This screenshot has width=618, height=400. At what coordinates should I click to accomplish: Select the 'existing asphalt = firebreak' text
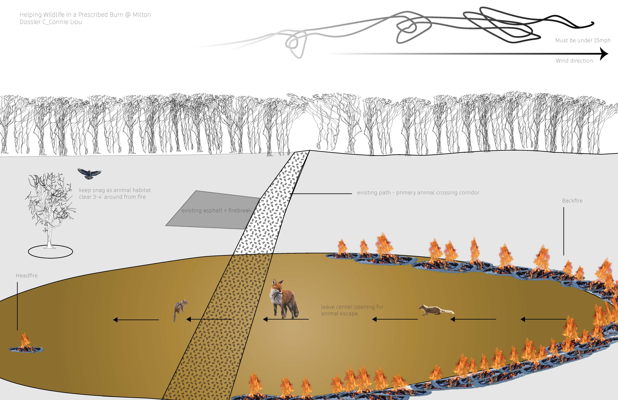coord(216,210)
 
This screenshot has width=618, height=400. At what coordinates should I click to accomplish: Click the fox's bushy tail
coord(296,309)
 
